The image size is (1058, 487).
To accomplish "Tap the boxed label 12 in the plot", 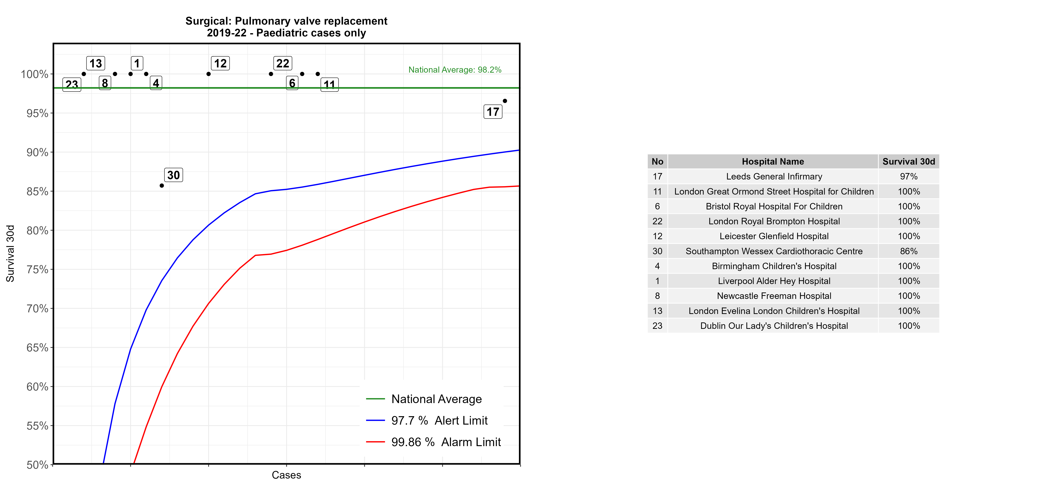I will [220, 63].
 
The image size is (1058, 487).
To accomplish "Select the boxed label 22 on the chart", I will [283, 63].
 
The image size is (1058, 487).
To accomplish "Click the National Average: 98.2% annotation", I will [455, 70].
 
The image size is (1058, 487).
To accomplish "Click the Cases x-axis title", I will [286, 475].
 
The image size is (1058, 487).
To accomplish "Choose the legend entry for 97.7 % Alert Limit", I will [439, 420].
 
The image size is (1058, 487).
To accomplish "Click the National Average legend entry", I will [436, 399].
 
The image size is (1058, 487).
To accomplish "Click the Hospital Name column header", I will [773, 162].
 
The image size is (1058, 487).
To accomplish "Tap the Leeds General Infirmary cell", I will [774, 176].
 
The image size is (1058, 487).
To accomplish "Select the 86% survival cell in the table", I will [909, 251].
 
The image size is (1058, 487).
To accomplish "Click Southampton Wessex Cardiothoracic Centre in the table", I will [774, 251].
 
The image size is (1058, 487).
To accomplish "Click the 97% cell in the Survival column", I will [909, 176].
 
